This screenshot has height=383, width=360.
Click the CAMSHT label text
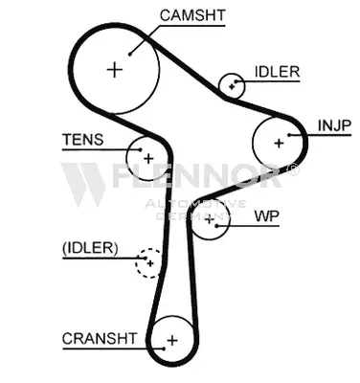[192, 15]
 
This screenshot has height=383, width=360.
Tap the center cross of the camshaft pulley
[115, 70]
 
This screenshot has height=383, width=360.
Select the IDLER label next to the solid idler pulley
[277, 72]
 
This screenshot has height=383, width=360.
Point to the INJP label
[334, 125]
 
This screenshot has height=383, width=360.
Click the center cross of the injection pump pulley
[279, 143]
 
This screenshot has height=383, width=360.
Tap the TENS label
[83, 140]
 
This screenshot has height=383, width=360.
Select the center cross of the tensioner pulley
[148, 158]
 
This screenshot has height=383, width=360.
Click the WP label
[267, 216]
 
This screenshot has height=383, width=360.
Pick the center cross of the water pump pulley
[209, 219]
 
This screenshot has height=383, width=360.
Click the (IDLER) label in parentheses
[90, 248]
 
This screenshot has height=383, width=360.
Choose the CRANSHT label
[100, 339]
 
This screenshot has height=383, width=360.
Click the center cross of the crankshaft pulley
[172, 341]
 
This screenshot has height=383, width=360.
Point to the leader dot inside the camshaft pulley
[130, 55]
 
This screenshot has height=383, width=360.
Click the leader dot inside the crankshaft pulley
[164, 349]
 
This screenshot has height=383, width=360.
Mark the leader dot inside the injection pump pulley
[289, 135]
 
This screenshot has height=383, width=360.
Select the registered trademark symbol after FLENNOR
[293, 169]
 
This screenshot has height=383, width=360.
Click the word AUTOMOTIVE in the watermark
[195, 204]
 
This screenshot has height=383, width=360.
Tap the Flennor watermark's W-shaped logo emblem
[83, 185]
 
